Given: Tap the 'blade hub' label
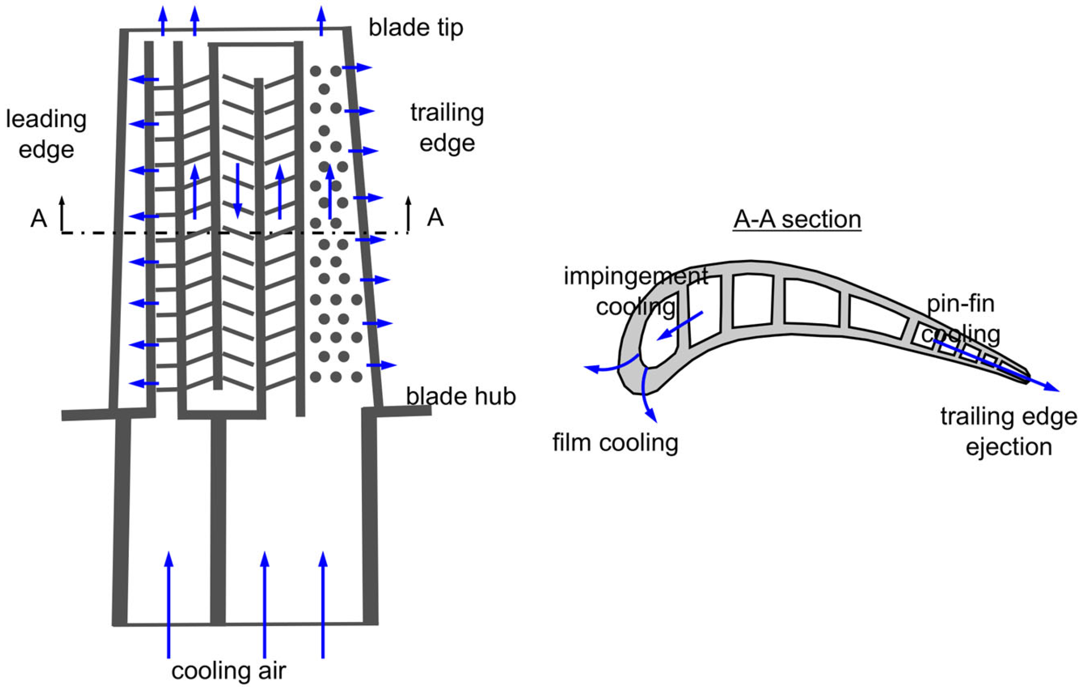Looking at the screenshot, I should [461, 397].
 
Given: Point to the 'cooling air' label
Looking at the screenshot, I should [229, 671].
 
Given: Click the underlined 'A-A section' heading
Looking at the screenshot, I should [797, 220].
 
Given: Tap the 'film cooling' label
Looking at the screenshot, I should [615, 442].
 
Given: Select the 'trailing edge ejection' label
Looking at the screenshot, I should [1008, 431].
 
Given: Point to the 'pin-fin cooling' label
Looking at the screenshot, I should [961, 319].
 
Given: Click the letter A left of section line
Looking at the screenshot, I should [39, 219].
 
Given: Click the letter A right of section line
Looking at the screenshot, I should [435, 219].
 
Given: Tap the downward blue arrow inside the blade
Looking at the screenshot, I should [238, 191].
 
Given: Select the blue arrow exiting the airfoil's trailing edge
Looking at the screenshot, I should [997, 366].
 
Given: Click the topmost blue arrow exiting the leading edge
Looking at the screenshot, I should [144, 79].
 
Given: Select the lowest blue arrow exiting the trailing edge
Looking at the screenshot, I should [382, 365].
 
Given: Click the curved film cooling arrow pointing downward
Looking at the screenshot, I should [648, 395].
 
